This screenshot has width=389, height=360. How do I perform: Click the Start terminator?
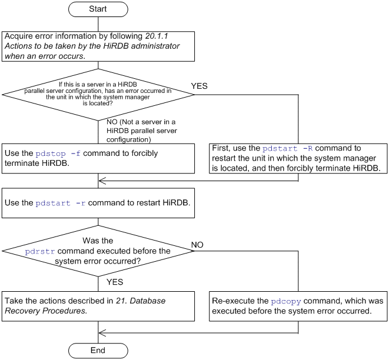tap(98, 9)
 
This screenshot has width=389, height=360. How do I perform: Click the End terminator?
tap(98, 351)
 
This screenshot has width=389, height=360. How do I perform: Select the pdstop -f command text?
tap(58, 154)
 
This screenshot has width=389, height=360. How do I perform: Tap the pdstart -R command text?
tap(288, 148)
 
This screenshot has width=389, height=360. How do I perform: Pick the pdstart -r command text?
tap(61, 204)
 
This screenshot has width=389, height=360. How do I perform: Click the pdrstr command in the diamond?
tap(40, 252)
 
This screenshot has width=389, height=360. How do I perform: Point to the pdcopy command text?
tap(286, 302)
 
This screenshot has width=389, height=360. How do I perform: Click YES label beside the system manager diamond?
tap(200, 86)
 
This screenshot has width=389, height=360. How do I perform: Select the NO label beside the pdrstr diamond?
tap(197, 245)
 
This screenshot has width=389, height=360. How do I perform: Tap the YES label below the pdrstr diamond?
tap(115, 282)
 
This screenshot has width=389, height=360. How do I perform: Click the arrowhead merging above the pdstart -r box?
tap(102, 181)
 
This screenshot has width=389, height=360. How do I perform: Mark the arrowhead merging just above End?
tap(102, 333)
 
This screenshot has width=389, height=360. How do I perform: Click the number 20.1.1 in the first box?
tap(157, 36)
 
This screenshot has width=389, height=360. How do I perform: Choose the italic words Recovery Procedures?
tap(46, 311)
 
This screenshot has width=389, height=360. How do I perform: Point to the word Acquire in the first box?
tap(19, 36)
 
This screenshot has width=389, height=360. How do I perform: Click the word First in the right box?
tap(220, 148)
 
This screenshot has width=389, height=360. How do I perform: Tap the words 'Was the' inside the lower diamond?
tap(98, 241)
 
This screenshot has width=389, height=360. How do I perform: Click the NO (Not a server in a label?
tap(141, 122)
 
